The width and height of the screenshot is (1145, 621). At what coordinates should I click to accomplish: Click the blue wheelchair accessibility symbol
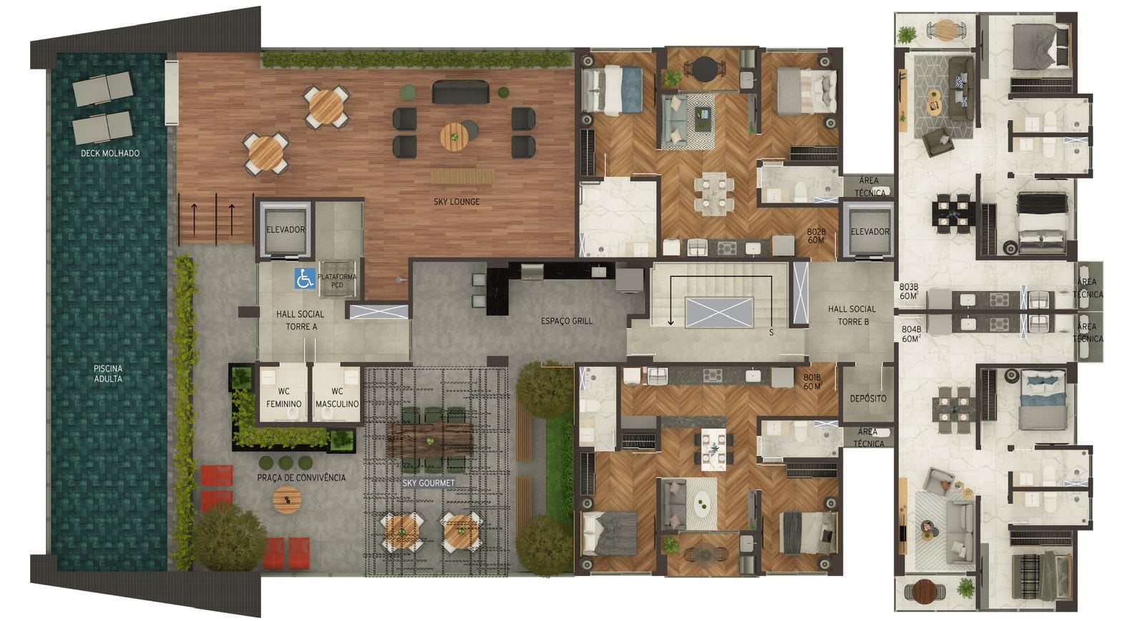tap(305, 278)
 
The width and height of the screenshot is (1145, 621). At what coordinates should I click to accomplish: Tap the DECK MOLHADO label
tap(110, 153)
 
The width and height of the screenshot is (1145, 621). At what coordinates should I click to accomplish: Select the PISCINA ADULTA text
tap(108, 373)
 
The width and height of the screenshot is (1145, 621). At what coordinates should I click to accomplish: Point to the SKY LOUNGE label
tap(457, 202)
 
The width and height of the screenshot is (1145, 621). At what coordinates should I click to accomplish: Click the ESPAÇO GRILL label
tap(567, 321)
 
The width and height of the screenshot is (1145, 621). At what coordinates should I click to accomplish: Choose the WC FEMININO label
tap(283, 398)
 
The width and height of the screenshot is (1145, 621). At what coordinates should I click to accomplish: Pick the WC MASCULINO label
tap(337, 398)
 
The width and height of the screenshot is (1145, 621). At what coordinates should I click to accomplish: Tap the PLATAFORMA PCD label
tap(337, 280)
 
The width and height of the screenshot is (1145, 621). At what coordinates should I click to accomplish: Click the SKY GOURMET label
tap(429, 483)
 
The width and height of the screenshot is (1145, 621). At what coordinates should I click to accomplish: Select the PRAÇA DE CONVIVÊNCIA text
tap(301, 477)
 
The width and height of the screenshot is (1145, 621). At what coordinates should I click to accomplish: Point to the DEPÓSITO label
tap(868, 398)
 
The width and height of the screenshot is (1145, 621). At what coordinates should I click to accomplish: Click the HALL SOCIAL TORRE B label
tap(852, 316)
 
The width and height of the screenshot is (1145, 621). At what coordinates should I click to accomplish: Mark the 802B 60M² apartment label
tap(817, 235)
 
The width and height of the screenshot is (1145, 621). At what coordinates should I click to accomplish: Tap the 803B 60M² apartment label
tap(910, 291)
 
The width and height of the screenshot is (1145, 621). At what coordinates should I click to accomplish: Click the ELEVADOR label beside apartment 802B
tap(870, 232)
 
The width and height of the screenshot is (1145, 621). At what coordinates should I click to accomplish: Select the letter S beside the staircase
tap(771, 332)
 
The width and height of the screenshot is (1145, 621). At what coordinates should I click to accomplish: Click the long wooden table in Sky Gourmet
tap(430, 439)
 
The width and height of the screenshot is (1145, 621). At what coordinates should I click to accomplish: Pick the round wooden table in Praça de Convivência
tap(287, 499)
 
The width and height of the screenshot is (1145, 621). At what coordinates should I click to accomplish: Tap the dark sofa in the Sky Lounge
tap(460, 92)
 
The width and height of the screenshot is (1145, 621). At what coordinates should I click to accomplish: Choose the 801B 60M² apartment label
tap(812, 382)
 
